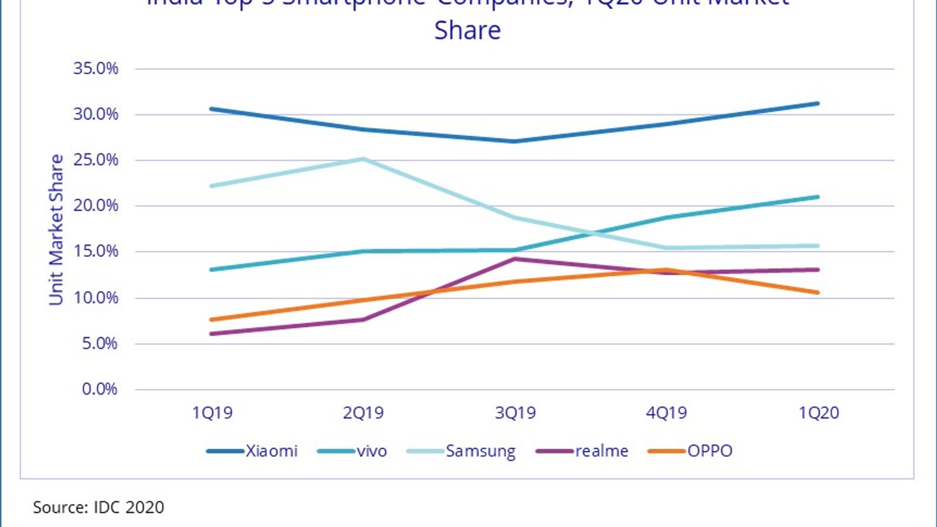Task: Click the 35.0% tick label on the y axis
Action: pyautogui.click(x=95, y=69)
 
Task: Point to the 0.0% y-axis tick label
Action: pyautogui.click(x=100, y=389)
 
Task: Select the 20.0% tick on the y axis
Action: pyautogui.click(x=95, y=206)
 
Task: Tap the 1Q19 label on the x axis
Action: pyautogui.click(x=212, y=413)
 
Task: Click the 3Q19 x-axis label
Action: pyautogui.click(x=515, y=413)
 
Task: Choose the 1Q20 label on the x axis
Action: pyautogui.click(x=819, y=413)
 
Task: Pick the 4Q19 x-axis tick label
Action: pyautogui.click(x=666, y=413)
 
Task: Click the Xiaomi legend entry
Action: pyautogui.click(x=252, y=451)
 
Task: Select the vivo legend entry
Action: pyautogui.click(x=352, y=451)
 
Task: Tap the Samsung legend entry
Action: pyautogui.click(x=461, y=451)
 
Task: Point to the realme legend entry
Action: pyautogui.click(x=582, y=451)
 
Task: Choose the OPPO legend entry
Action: pyautogui.click(x=690, y=451)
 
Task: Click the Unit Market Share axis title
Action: pyautogui.click(x=56, y=230)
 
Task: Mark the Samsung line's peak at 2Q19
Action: pyautogui.click(x=364, y=159)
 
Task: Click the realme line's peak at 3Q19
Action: pyautogui.click(x=515, y=259)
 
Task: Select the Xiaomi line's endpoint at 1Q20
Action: pyautogui.click(x=818, y=104)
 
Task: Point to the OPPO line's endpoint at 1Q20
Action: pyautogui.click(x=818, y=292)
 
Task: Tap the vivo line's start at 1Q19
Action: pyautogui.click(x=211, y=270)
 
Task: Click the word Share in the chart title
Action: pyautogui.click(x=467, y=30)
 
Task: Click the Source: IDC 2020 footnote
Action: pyautogui.click(x=98, y=507)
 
